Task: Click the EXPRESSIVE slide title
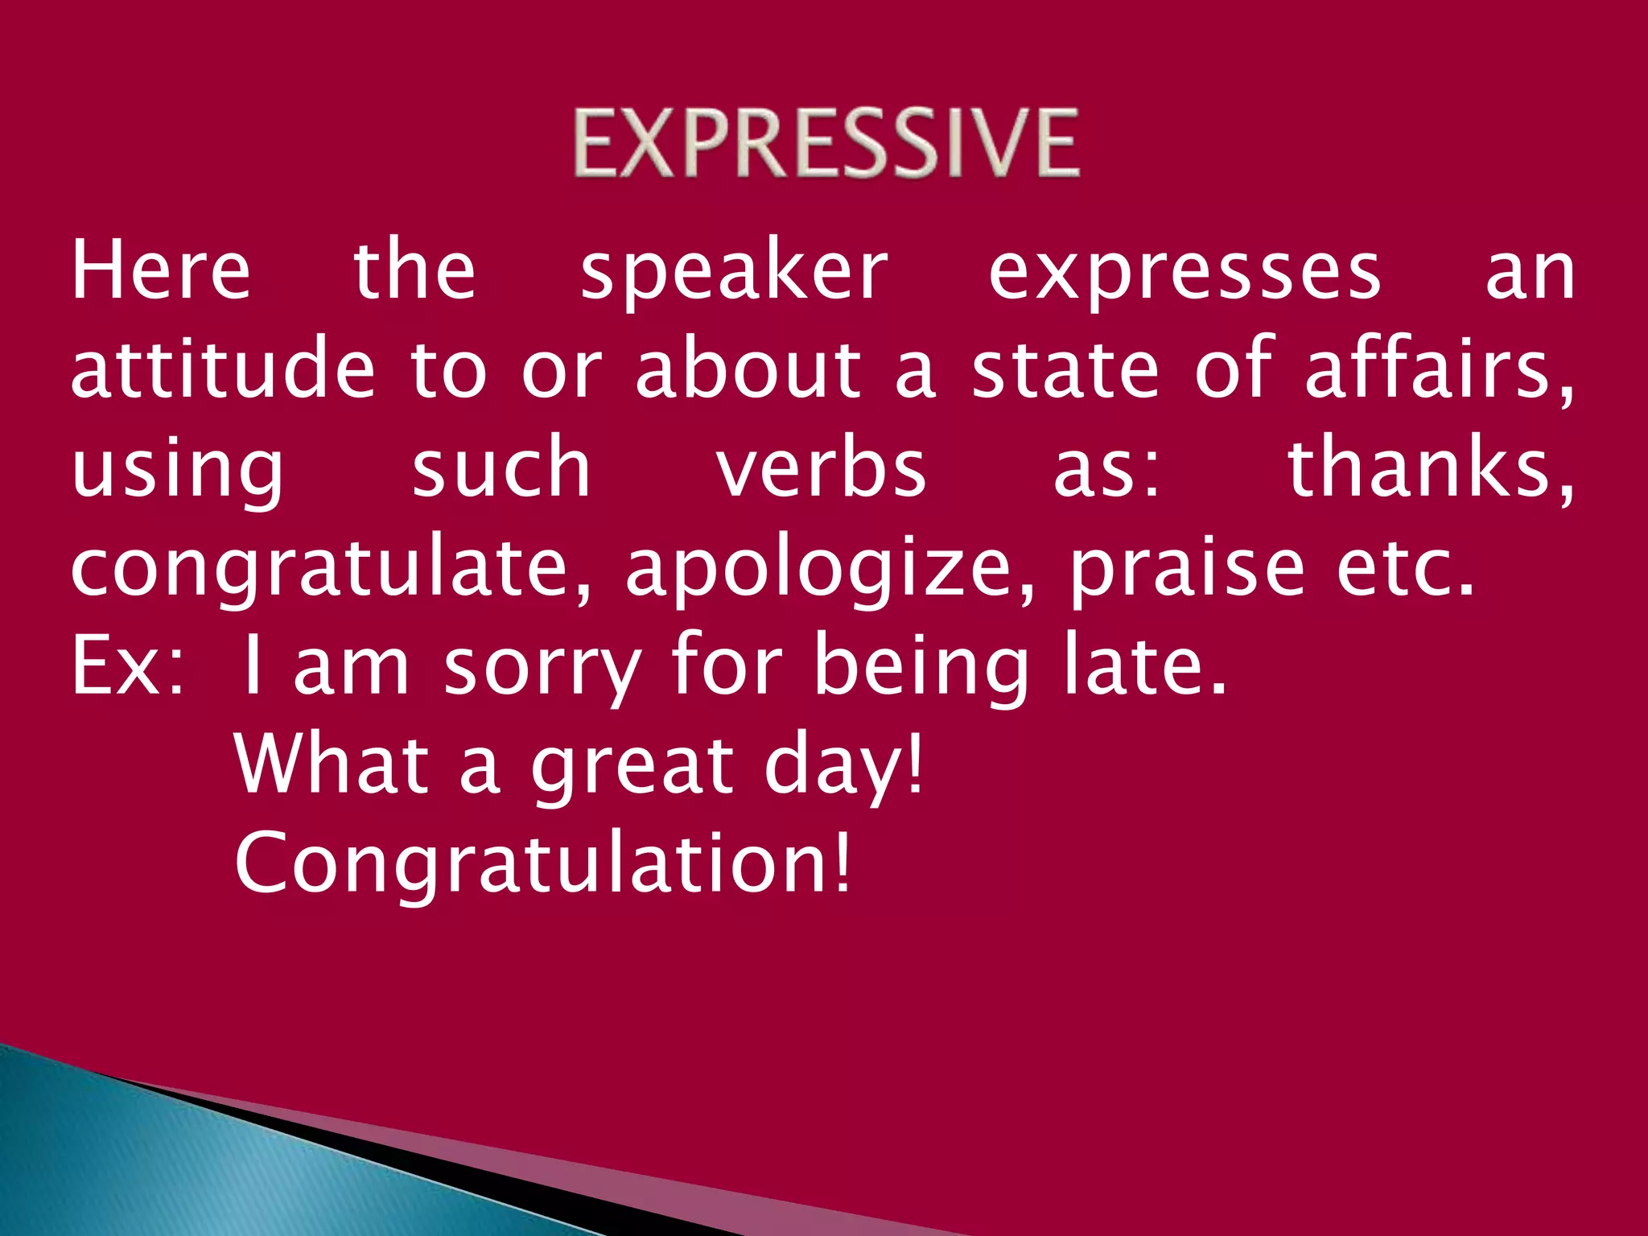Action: [826, 143]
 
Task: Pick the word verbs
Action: [822, 468]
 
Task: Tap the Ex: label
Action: [127, 666]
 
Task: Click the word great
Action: [632, 766]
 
